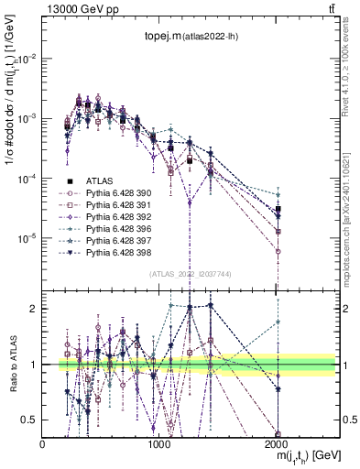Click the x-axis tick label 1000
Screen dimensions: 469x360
(159, 443)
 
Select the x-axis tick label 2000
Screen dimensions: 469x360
(278, 443)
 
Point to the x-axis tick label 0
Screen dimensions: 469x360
(43, 443)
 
